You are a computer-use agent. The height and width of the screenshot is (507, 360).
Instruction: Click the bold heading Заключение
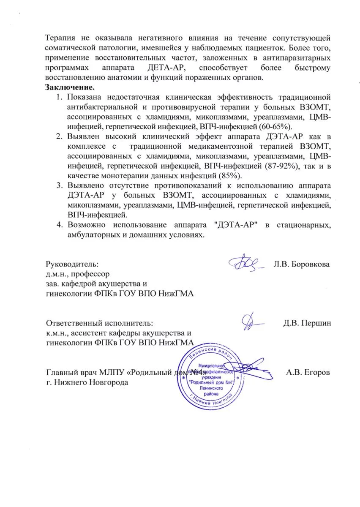(x=70, y=88)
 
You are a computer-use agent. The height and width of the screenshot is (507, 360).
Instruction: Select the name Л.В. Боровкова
(x=302, y=264)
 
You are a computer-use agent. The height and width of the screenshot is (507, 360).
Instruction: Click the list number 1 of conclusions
(x=59, y=98)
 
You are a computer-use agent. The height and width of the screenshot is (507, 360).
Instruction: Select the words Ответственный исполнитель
(x=98, y=324)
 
